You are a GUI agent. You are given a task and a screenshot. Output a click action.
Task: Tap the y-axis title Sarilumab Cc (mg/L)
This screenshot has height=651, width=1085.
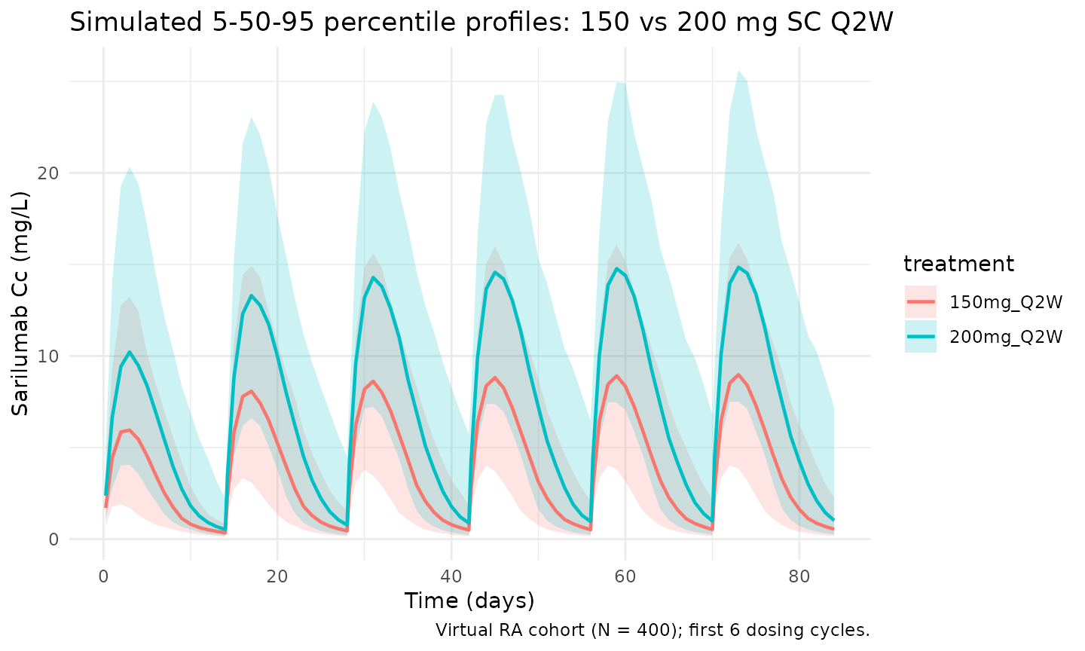[20, 304]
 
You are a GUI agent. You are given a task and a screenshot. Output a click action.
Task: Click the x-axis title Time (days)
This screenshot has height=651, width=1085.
[469, 601]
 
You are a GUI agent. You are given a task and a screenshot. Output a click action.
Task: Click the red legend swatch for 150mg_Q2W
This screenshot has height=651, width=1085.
[921, 302]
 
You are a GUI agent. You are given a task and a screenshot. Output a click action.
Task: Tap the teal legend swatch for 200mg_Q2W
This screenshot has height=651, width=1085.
[921, 336]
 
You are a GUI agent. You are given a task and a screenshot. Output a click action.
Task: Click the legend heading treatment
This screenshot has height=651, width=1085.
[958, 264]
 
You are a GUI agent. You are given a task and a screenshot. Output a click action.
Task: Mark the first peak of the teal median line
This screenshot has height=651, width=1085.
[130, 352]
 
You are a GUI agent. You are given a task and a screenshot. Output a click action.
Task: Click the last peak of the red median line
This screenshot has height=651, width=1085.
[738, 374]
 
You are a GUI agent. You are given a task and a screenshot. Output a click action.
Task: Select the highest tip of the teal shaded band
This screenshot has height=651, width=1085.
[738, 71]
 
